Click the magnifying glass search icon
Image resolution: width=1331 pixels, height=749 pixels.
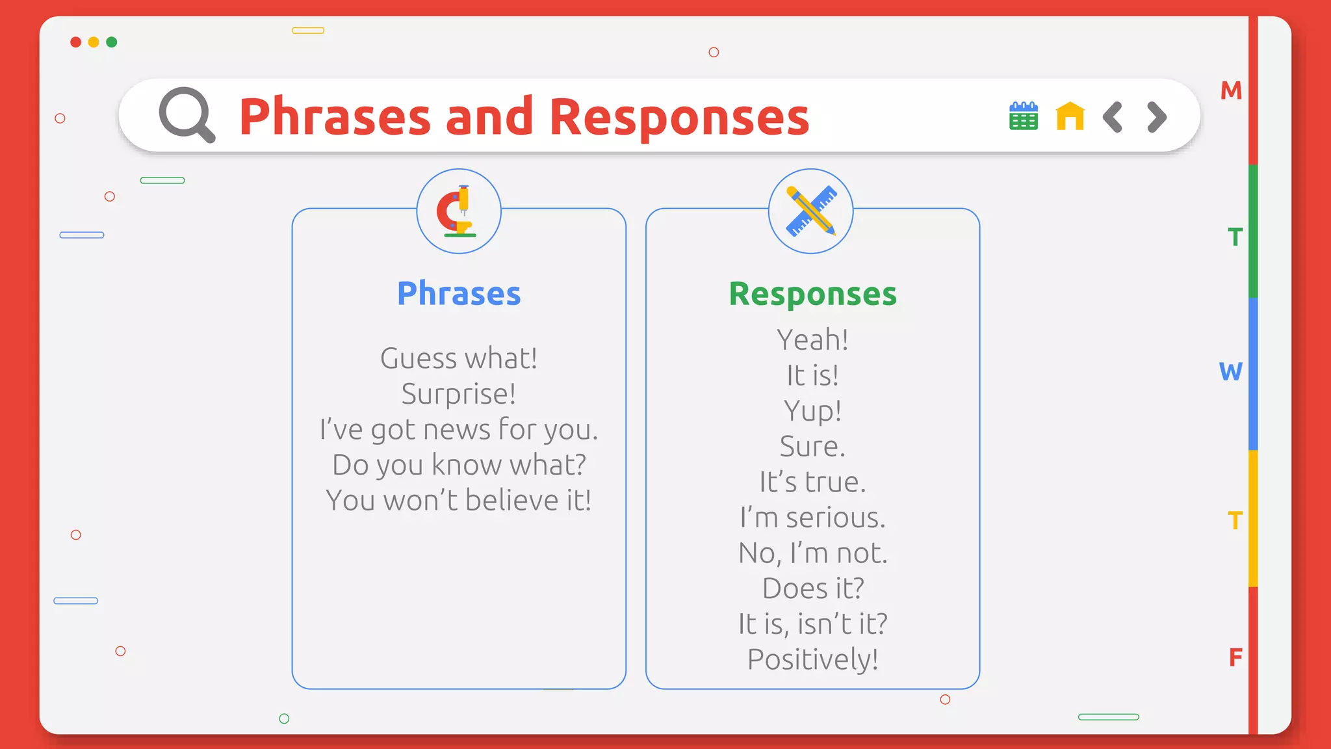tap(187, 114)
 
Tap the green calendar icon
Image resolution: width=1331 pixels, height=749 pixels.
tap(1023, 116)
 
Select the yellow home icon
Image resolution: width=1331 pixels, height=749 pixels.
tap(1070, 116)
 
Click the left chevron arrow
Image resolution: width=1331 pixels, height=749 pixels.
tap(1113, 117)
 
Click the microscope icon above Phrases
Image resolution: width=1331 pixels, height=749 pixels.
tap(458, 211)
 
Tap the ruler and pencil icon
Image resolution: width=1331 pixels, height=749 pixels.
tap(810, 211)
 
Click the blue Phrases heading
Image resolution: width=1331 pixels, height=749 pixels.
tap(459, 294)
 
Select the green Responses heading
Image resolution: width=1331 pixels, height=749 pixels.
tap(812, 294)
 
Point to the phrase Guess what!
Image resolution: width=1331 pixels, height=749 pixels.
tap(459, 358)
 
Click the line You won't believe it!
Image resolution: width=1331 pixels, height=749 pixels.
tap(459, 501)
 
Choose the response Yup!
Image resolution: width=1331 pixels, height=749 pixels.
tap(812, 411)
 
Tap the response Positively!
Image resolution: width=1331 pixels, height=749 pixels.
tap(812, 659)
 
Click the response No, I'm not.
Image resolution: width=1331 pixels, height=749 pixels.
tap(812, 553)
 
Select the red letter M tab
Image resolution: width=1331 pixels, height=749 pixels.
tap(1231, 90)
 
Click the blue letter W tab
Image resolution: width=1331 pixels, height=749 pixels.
tap(1230, 372)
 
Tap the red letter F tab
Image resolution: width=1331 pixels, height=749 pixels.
tap(1235, 657)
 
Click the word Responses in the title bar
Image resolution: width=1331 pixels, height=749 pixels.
tap(679, 117)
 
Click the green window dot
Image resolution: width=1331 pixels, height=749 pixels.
tap(112, 42)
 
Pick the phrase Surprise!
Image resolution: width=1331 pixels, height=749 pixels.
tap(459, 394)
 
